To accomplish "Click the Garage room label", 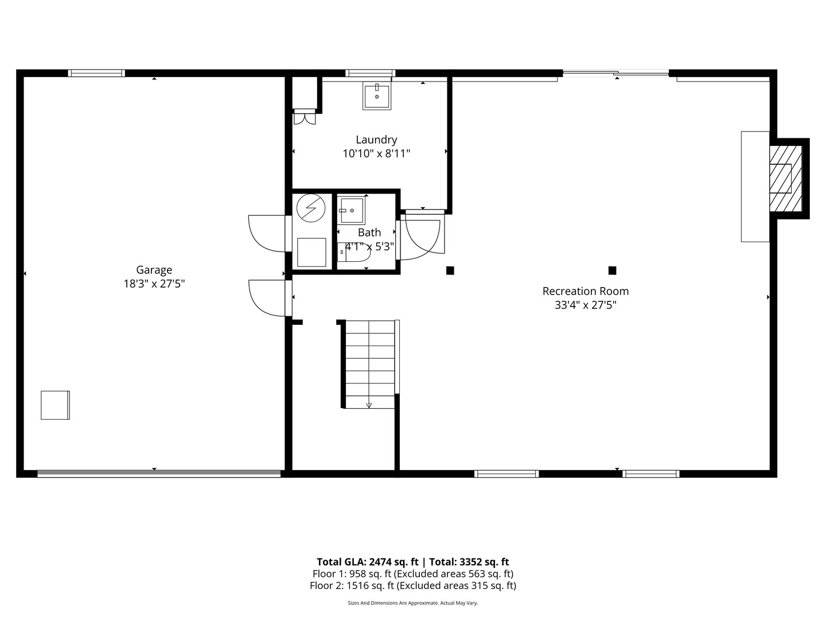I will click(154, 270).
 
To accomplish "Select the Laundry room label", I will click(376, 139).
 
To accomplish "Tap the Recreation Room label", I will click(585, 291).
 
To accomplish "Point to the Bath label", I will click(369, 232).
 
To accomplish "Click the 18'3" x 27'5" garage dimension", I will click(154, 284).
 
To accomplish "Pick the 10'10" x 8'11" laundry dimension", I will click(376, 153).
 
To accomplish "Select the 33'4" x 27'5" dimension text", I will click(585, 305).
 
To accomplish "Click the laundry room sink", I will click(377, 96).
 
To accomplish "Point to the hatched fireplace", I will click(785, 178).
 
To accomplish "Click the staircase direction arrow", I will click(369, 405).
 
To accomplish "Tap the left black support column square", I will click(450, 270).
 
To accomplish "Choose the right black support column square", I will click(612, 270).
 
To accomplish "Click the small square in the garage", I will click(55, 405).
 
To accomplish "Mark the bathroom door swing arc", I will click(422, 235).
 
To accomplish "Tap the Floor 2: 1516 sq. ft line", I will click(412, 586).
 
